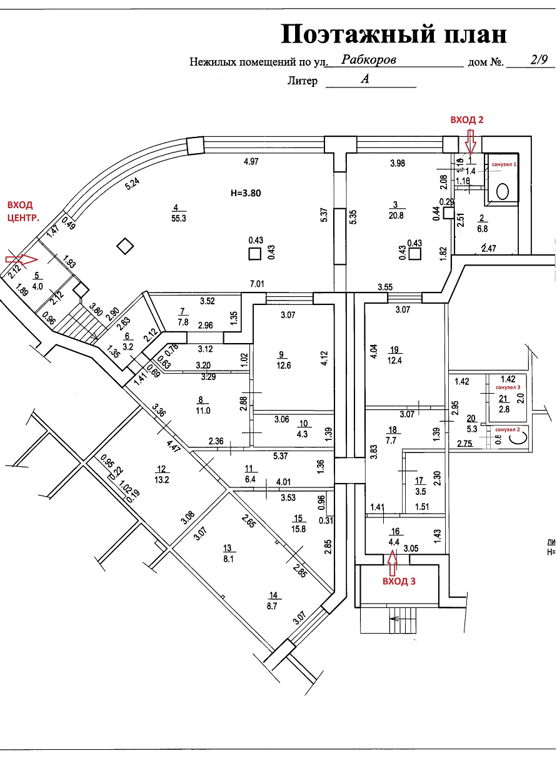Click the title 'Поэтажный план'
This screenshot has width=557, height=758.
click(393, 34)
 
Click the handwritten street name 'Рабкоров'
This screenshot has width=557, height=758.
click(369, 59)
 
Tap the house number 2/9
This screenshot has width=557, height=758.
click(538, 60)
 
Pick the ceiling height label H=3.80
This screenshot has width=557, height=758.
click(250, 192)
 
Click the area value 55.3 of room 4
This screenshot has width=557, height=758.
click(178, 217)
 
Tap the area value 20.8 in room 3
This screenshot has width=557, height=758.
click(396, 214)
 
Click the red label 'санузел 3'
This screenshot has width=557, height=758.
click(508, 388)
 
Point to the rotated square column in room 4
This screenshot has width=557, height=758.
click(126, 246)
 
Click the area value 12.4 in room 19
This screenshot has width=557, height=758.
click(394, 361)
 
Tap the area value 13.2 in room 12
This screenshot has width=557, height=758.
click(162, 480)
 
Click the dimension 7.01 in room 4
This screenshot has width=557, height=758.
click(258, 284)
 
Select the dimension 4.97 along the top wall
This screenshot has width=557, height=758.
click(251, 162)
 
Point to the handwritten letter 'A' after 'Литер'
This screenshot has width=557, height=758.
click(365, 79)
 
